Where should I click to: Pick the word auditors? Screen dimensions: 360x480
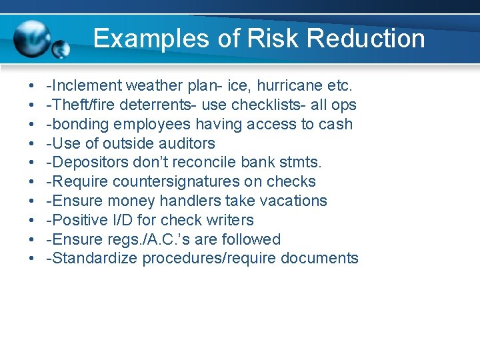pyautogui.click(x=187, y=144)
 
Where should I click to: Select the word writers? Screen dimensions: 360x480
pyautogui.click(x=230, y=220)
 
